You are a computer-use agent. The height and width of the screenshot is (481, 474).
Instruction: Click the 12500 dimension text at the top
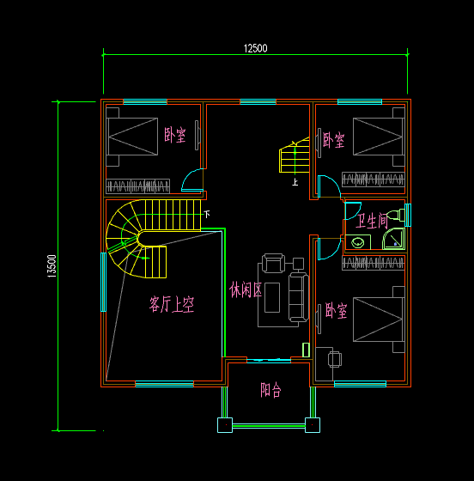(255, 48)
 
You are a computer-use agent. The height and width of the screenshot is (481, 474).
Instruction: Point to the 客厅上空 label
(172, 304)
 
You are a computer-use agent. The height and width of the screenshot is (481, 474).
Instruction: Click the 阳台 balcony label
(270, 390)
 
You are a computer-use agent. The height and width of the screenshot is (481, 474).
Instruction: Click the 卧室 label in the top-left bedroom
(174, 135)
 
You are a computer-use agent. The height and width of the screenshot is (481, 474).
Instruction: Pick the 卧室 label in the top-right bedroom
(334, 140)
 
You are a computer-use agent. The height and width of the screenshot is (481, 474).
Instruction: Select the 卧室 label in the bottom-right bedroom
(336, 311)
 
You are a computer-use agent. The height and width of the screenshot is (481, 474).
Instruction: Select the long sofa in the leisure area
(297, 296)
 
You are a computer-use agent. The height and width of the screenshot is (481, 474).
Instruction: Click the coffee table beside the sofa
(274, 297)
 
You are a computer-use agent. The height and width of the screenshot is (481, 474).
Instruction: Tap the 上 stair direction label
(295, 182)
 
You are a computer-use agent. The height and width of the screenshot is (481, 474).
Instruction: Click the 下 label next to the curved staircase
(206, 213)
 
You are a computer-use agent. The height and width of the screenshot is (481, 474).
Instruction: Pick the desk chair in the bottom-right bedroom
(334, 358)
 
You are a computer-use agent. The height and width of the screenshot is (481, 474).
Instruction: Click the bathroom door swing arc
(351, 210)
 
